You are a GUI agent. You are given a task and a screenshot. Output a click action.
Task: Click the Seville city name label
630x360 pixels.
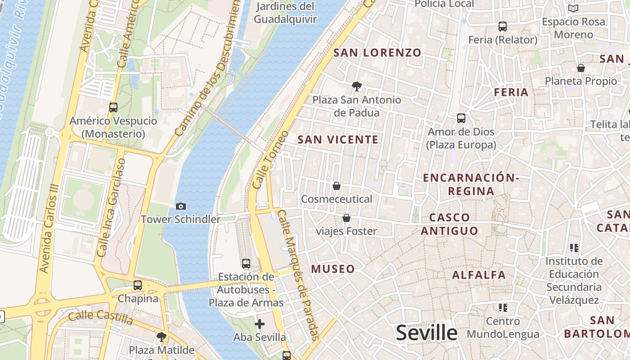coord(427,333)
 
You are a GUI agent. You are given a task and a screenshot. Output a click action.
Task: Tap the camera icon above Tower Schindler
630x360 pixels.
coord(181,206)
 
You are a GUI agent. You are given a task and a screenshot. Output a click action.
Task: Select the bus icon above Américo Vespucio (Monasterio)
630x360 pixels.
coord(113,108)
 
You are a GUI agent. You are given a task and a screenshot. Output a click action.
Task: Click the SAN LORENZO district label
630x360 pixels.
coord(377,53)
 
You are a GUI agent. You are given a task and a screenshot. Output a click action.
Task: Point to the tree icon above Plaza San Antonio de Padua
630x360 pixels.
coord(357,86)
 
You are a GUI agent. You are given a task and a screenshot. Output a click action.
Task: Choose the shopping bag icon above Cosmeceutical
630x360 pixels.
coord(336,186)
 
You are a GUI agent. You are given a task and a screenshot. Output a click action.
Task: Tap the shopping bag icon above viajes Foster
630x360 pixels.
coord(346,218)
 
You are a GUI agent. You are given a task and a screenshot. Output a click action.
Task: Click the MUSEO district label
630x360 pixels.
coord(333,269)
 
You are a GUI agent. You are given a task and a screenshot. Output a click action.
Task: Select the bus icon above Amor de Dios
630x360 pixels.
coord(461,118)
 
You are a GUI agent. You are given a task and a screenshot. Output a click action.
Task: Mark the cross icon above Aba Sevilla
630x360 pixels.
coord(260,324)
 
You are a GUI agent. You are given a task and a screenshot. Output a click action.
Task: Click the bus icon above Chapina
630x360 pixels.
coord(138,285)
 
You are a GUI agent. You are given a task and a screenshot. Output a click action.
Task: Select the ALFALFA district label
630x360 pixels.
coord(479,274)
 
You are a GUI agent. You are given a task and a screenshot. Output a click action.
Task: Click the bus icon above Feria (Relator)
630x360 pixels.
coord(503,27)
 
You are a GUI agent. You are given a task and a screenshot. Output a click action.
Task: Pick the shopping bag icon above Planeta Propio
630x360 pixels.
coord(581,68)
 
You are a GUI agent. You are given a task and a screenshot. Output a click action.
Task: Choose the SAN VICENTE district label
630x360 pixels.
coord(338,139)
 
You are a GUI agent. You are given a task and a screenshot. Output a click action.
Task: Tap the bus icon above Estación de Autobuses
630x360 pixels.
coord(246,264)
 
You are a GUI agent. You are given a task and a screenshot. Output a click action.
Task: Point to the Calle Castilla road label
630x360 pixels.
coord(100,317)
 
